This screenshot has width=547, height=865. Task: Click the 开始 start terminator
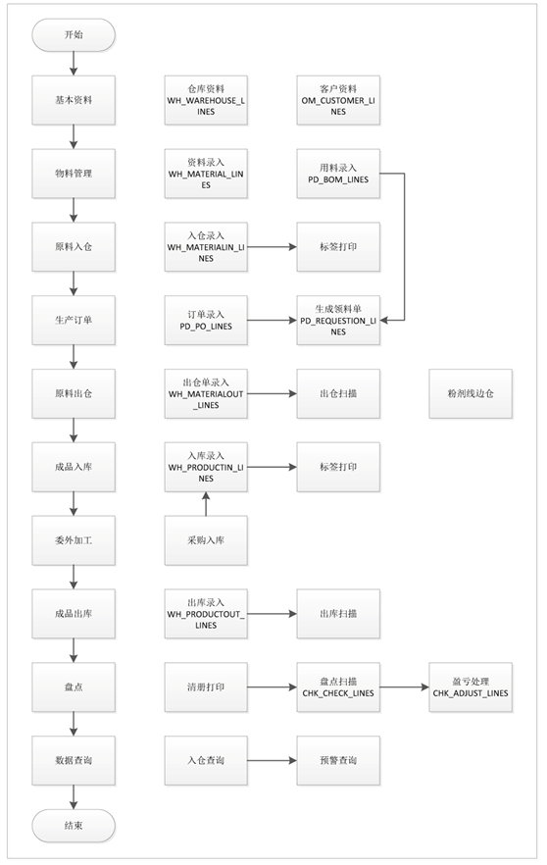pos(74,34)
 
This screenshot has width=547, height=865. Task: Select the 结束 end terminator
pos(74,826)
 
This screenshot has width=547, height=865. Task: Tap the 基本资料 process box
pos(74,99)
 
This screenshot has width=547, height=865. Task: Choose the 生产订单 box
pos(74,320)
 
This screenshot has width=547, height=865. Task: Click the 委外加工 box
pos(74,540)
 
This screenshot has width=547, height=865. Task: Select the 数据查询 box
pos(74,760)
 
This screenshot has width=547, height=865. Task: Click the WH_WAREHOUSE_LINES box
pos(206,99)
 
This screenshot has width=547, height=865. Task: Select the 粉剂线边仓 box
pos(470,393)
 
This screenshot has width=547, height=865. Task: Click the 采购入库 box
pos(206,540)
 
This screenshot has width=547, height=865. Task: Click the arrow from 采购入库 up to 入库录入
pos(206,502)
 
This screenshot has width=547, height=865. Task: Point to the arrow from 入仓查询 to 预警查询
pos(272,760)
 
